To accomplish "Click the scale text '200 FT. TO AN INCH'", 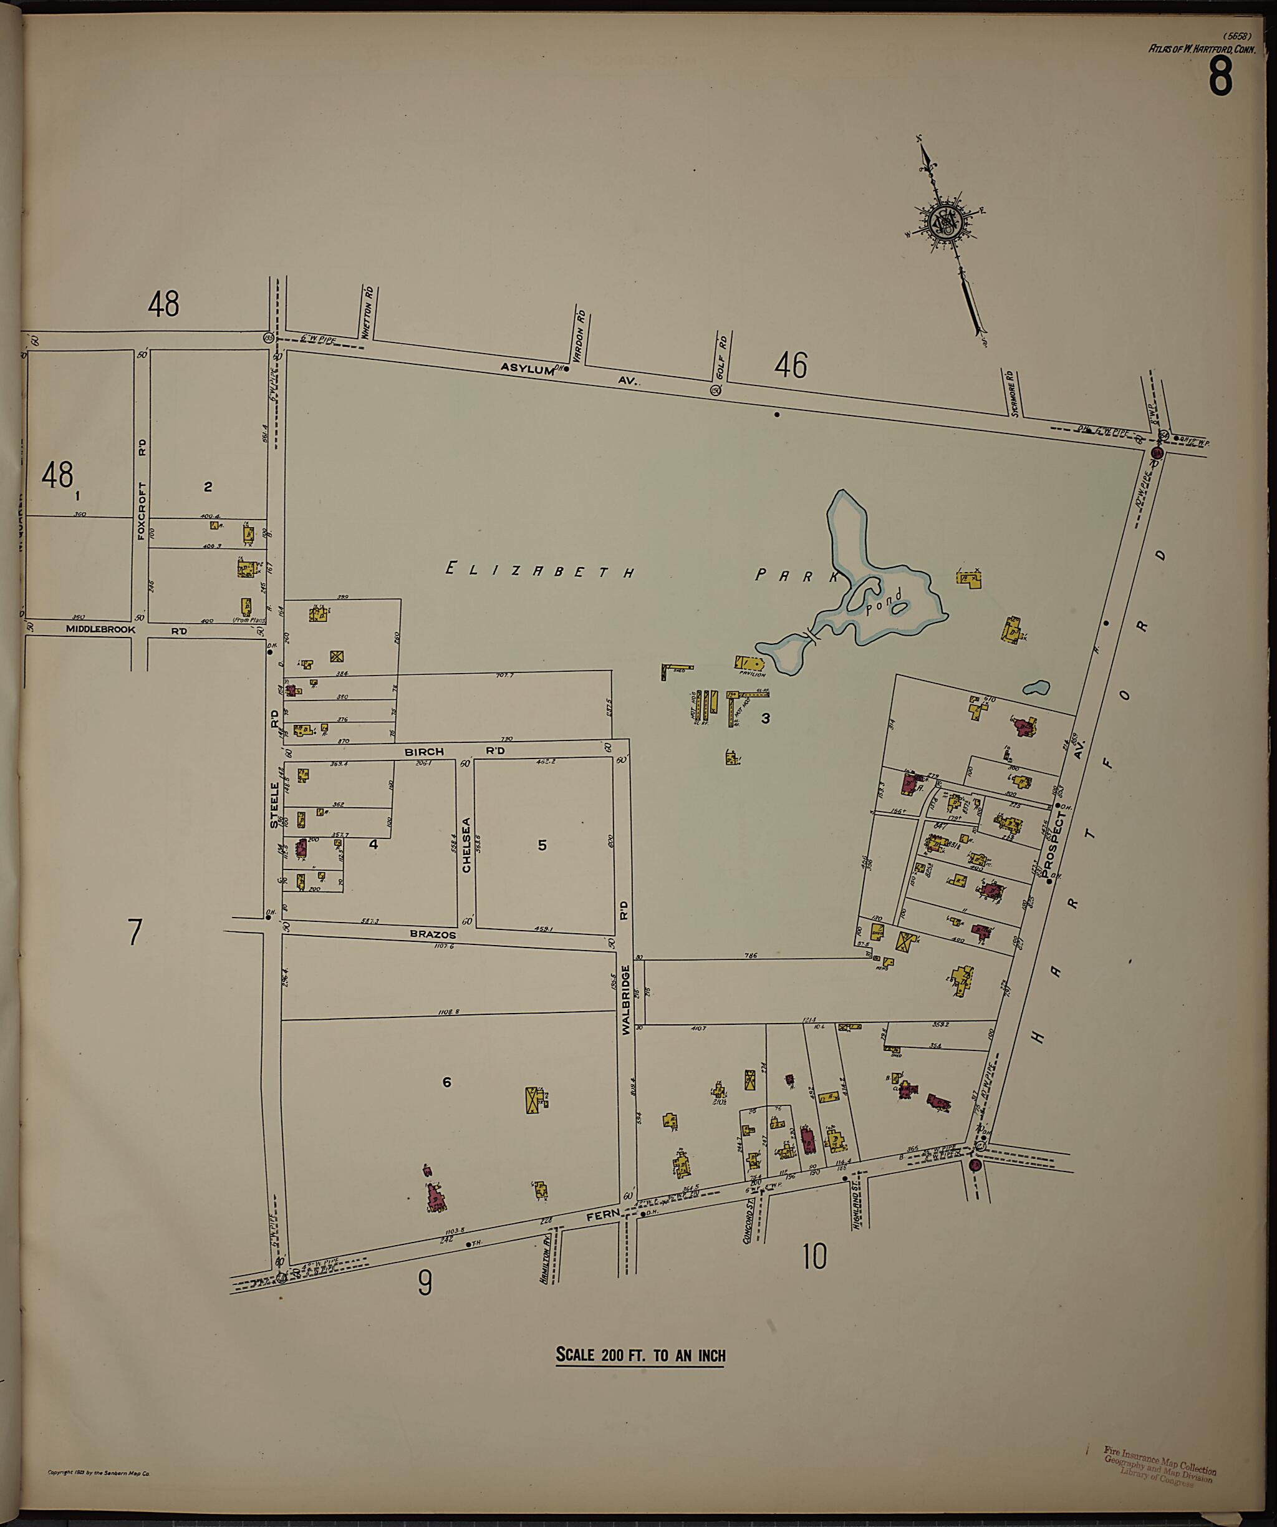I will (x=640, y=1355).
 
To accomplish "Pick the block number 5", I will (x=542, y=845).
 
